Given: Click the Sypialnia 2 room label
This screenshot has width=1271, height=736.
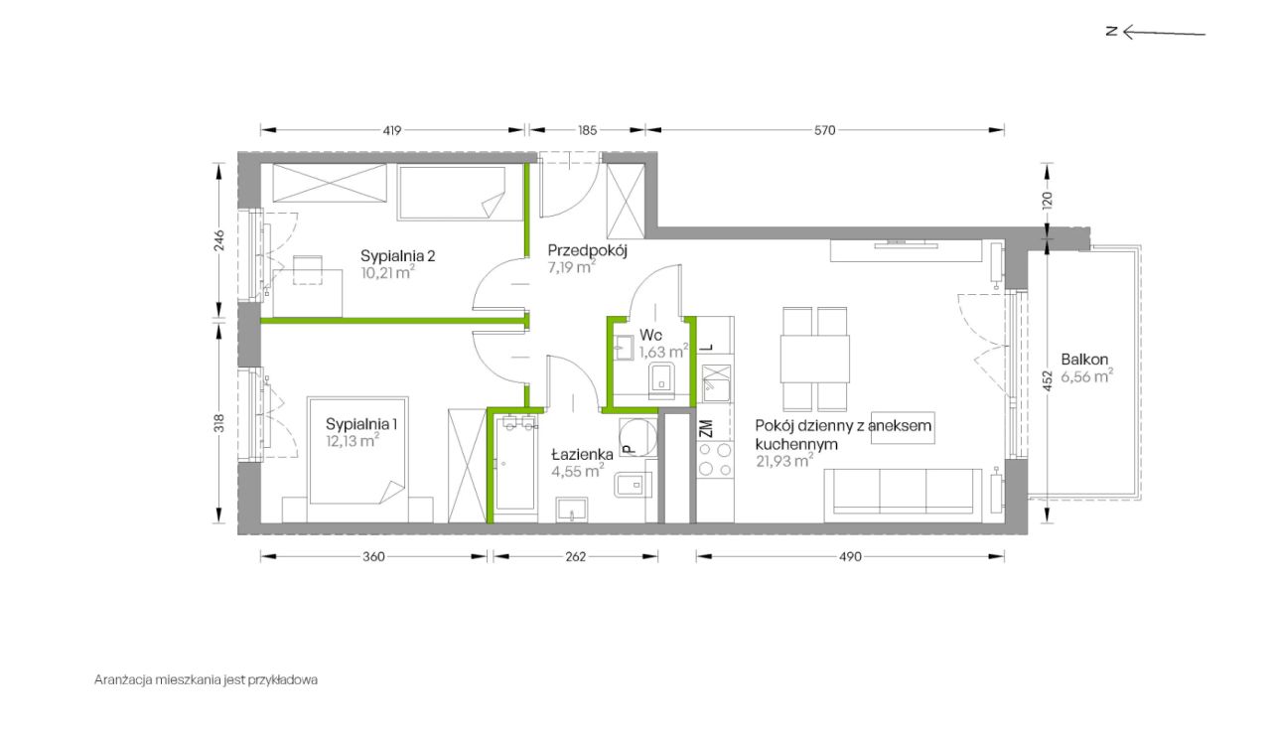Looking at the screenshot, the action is (x=398, y=256).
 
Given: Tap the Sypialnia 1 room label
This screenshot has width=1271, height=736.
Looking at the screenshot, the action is (x=361, y=424).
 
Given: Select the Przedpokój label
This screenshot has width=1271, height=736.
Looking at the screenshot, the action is (x=587, y=251).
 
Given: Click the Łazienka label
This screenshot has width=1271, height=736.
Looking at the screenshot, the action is (x=582, y=455).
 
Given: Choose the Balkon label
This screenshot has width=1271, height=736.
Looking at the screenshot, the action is (x=1084, y=360).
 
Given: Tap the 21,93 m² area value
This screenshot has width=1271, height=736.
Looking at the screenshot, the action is (x=784, y=461).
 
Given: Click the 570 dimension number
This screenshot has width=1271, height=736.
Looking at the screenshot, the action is (x=824, y=130).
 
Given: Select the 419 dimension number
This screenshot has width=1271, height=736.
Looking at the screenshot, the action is (x=392, y=130).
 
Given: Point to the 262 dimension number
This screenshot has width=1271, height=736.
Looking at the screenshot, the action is (x=575, y=556).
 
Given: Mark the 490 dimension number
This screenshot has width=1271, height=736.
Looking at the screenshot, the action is (x=850, y=556).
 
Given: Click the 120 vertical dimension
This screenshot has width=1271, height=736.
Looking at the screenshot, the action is (x=1048, y=200).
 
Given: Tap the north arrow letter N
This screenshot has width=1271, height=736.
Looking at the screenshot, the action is (x=1111, y=31).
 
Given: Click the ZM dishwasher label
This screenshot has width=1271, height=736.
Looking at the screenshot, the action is (x=706, y=428).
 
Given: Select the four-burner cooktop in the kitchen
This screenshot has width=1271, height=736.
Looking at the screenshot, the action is (x=716, y=459).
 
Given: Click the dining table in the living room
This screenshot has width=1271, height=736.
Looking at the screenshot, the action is (x=815, y=359).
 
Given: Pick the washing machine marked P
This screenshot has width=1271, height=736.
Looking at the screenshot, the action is (x=638, y=437).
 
